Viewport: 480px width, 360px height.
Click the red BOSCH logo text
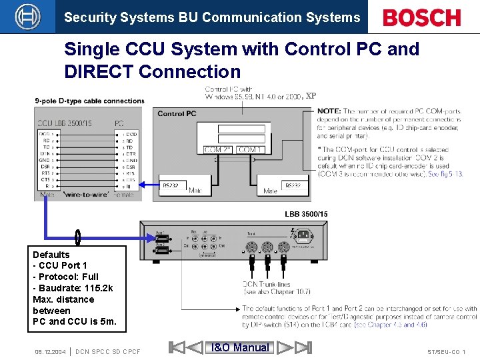422,17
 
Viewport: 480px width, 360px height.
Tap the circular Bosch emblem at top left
27,17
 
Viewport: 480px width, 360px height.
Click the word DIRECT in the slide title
99,71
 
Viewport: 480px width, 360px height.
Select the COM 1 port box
249,150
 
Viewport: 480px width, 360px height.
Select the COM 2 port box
217,150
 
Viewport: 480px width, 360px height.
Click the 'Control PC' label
177,113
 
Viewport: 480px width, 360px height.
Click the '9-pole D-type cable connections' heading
89,101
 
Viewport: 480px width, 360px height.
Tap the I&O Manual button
240,347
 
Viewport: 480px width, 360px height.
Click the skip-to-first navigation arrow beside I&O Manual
177,347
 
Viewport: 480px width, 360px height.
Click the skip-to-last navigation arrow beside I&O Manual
303,347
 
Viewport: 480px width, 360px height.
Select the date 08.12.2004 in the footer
50,351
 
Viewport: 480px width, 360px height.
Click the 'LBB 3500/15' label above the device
306,214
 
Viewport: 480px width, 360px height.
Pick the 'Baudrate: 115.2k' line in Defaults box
73,288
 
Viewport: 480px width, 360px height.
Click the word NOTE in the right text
329,111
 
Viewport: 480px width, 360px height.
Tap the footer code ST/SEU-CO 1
446,351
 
